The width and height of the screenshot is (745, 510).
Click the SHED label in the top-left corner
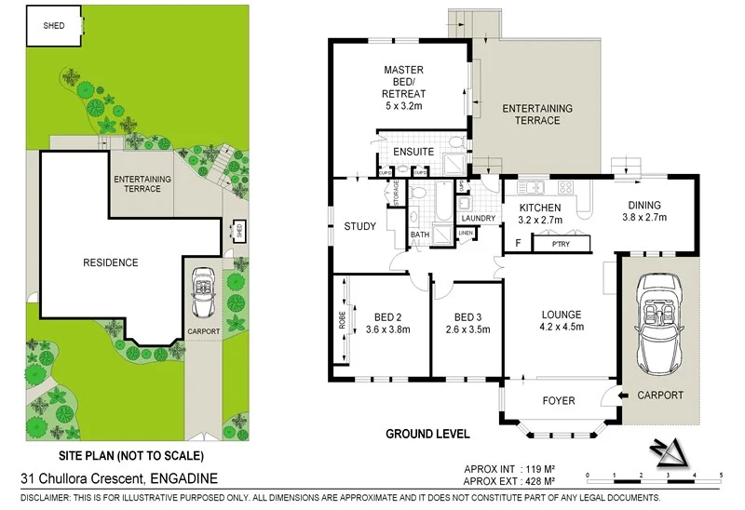point(53,26)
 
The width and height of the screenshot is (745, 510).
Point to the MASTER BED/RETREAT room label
point(403,87)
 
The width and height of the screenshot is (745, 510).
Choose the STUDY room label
point(359,226)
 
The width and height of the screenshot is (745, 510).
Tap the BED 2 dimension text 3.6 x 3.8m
point(388,329)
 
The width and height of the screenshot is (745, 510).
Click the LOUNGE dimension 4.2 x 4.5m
point(562,327)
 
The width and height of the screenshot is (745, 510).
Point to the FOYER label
point(559,401)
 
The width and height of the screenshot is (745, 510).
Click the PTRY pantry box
point(561,244)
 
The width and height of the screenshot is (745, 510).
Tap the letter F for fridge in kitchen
point(517,243)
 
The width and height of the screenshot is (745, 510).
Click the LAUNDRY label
point(477,219)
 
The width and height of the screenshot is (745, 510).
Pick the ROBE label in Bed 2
point(343,321)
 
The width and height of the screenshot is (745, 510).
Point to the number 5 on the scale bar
point(721,476)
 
